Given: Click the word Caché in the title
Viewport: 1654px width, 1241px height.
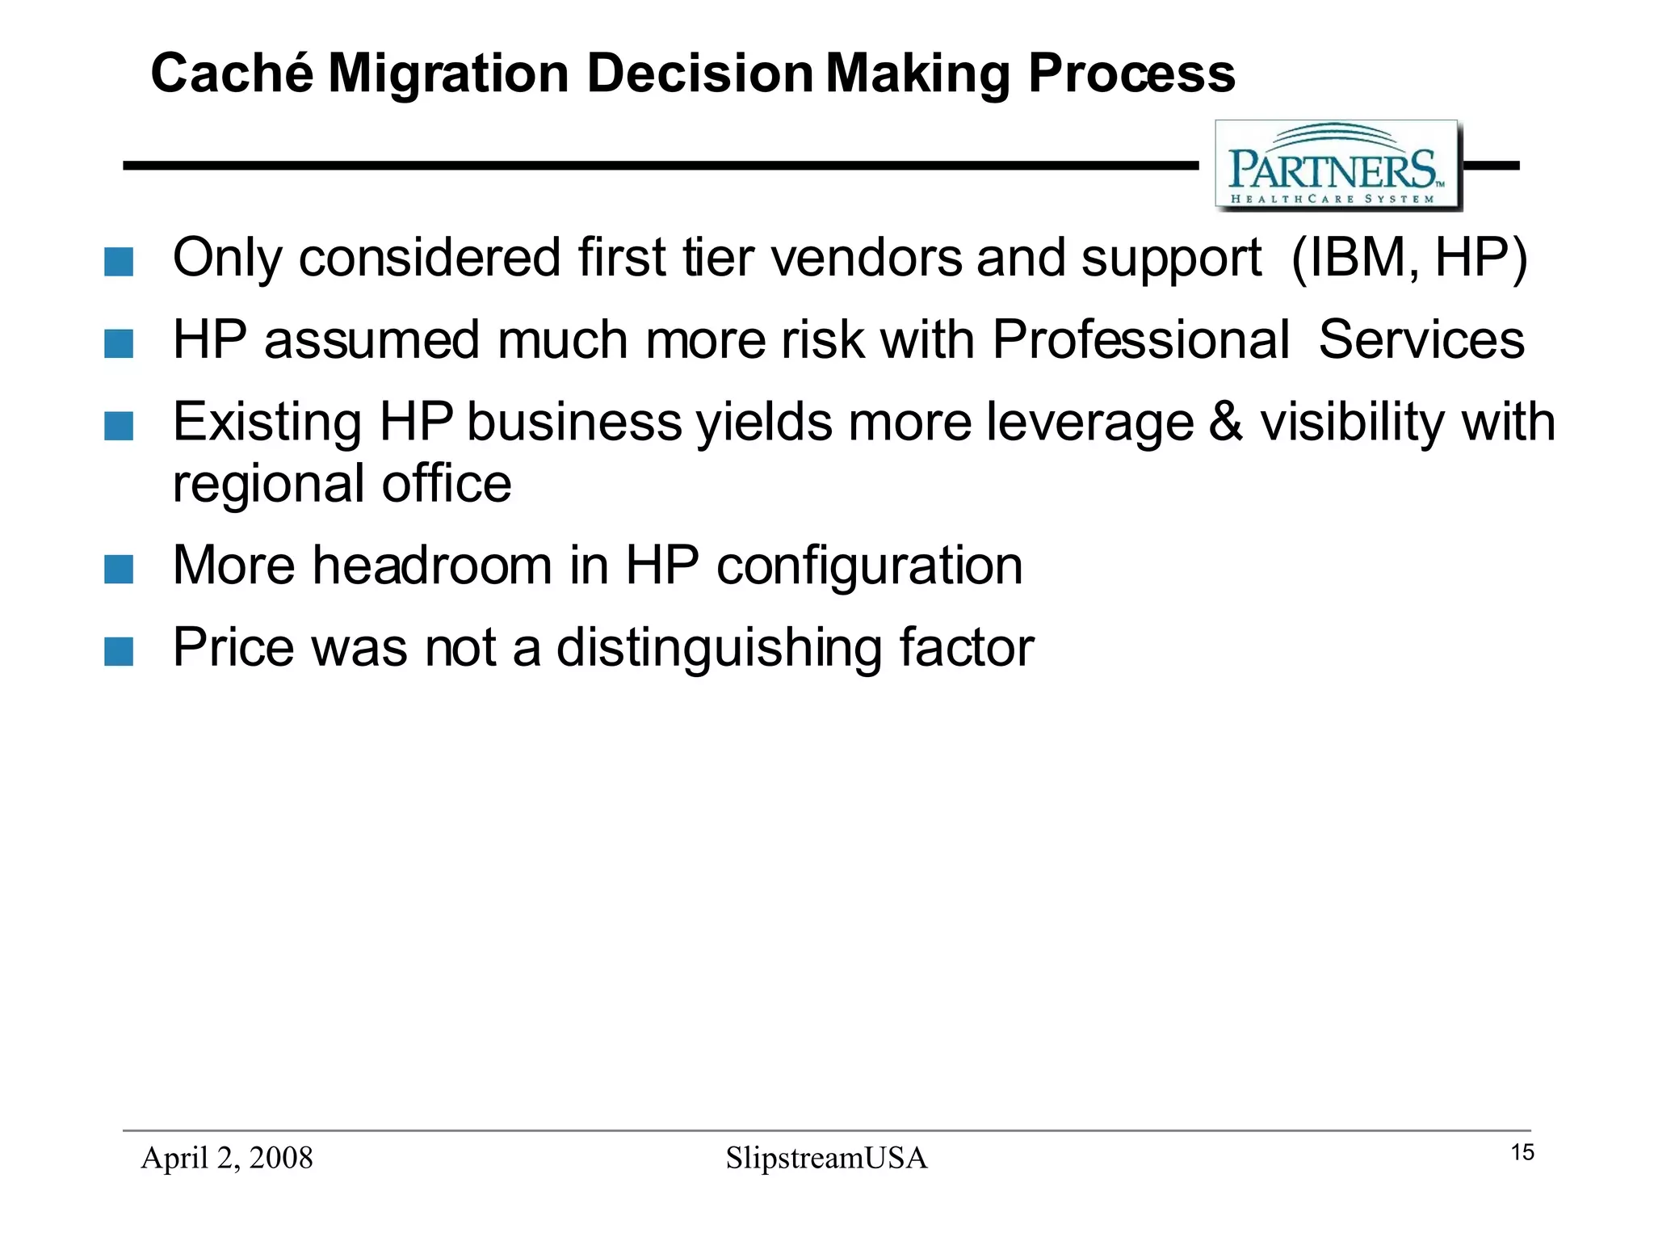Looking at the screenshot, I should point(232,74).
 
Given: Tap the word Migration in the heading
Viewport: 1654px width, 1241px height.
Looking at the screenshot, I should point(448,74).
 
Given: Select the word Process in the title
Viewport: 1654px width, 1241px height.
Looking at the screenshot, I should point(1131,74).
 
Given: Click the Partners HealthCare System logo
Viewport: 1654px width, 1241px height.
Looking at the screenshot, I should point(1337,166).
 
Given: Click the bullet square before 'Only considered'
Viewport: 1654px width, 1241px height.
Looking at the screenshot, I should point(119,262).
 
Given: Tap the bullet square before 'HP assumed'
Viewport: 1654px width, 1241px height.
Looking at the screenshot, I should point(119,343).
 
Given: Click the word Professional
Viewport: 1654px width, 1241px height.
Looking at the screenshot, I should point(1140,339).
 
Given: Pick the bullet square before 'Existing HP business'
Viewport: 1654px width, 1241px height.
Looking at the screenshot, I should point(119,426).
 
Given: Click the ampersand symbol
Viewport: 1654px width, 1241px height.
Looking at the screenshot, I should point(1226,422).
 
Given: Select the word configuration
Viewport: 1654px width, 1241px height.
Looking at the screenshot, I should point(869,566).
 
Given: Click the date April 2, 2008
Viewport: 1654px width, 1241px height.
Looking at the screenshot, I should point(227,1158).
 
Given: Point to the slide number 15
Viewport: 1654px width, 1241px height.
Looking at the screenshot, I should point(1522,1152).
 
